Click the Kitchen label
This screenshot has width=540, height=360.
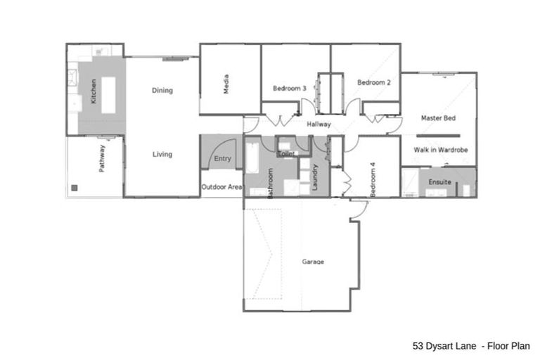click(94, 91)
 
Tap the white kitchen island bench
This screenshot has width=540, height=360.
click(108, 91)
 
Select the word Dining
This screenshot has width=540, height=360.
click(162, 91)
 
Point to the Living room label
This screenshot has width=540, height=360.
click(162, 155)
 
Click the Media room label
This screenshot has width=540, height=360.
click(226, 84)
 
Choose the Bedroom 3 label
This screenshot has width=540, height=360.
click(289, 89)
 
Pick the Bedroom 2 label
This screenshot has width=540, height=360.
click(373, 83)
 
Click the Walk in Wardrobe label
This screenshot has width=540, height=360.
click(440, 150)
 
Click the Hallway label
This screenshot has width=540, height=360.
click(319, 124)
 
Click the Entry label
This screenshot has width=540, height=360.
click(222, 159)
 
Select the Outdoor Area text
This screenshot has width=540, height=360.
click(222, 187)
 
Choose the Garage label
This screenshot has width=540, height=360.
click(313, 262)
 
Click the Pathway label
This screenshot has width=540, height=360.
click(102, 159)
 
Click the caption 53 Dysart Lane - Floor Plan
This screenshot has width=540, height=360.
click(471, 346)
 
